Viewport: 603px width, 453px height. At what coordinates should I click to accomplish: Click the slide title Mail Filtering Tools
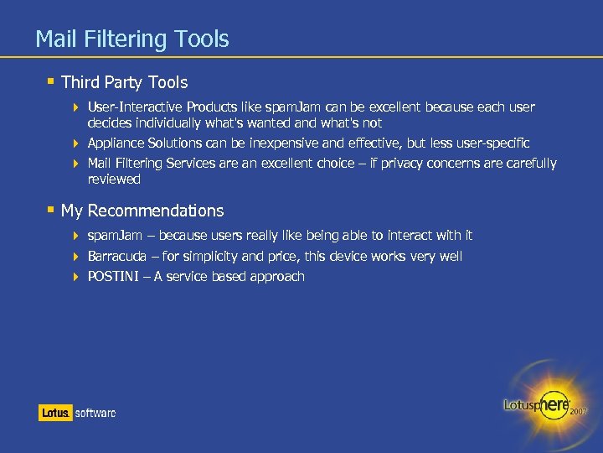[x=132, y=39]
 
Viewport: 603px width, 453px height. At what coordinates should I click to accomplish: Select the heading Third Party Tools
[x=124, y=82]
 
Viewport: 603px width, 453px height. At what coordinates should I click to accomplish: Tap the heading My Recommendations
[x=142, y=211]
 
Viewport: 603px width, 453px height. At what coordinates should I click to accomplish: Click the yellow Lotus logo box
[x=54, y=413]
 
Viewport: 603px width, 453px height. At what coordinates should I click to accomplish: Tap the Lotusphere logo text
[x=537, y=404]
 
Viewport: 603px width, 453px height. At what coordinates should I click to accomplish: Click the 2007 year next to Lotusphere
[x=579, y=412]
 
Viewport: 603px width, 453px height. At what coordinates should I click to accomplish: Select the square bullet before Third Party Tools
[x=51, y=81]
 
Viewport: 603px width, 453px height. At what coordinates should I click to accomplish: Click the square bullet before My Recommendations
[x=51, y=210]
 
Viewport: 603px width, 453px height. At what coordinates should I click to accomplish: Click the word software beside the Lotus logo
[x=95, y=413]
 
